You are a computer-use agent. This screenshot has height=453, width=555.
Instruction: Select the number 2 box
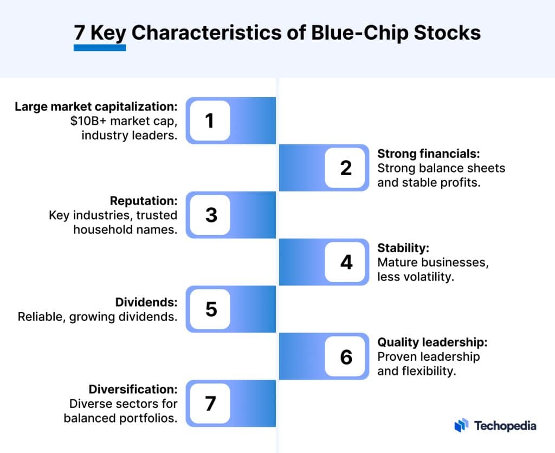click(346, 168)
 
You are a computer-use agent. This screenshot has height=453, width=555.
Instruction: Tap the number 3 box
click(210, 215)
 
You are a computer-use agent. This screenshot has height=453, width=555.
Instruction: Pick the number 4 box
click(346, 262)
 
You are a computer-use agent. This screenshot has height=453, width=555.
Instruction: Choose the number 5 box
click(210, 309)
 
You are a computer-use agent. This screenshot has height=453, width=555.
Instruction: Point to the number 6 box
click(346, 356)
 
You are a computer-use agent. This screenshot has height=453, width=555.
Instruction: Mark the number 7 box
click(210, 404)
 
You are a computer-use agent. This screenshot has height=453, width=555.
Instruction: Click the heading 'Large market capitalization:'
click(96, 106)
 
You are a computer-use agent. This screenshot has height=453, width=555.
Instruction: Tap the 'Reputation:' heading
click(143, 201)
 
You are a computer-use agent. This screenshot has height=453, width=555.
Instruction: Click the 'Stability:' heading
click(403, 248)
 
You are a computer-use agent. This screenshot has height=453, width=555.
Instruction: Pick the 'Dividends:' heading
click(146, 302)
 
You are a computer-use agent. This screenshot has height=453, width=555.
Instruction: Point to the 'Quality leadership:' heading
click(433, 342)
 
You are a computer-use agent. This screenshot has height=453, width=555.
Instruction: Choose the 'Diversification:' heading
click(133, 390)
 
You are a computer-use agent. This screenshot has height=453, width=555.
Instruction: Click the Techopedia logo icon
click(461, 425)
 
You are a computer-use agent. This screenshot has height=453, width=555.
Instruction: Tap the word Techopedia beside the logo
click(505, 426)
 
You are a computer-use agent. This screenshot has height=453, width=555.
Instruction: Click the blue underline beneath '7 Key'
click(100, 48)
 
